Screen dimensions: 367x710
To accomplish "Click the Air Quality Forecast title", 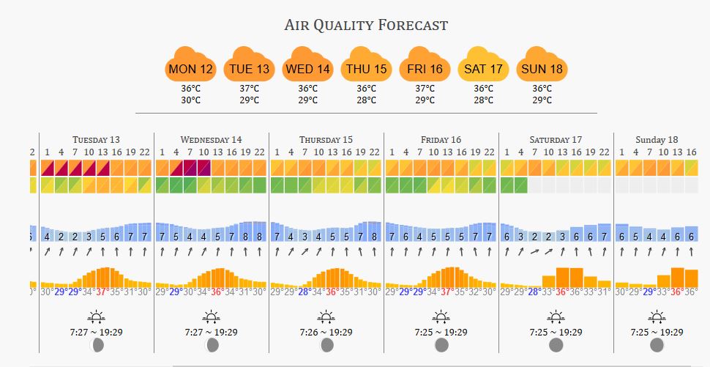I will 366,25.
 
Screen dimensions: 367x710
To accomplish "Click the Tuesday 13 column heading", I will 96,139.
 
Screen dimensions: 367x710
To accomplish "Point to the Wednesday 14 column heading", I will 211,139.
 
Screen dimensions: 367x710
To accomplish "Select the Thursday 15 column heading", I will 326,139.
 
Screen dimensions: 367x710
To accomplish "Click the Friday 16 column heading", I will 441,139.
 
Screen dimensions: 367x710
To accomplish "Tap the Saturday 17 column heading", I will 556,139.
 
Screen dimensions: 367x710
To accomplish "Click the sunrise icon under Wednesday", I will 211,317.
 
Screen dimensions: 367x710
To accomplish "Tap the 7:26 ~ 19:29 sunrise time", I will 326,332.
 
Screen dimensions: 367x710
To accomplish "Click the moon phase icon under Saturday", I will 556,345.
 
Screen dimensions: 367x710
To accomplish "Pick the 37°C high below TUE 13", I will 249,89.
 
